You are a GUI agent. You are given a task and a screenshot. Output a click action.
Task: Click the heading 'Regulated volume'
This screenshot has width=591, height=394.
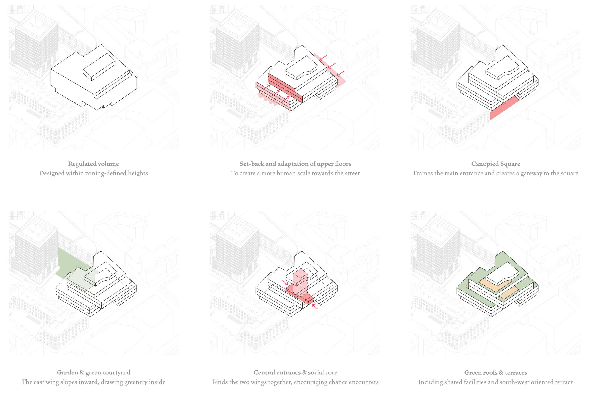93,164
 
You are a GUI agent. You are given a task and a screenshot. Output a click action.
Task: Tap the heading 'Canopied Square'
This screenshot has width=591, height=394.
496,164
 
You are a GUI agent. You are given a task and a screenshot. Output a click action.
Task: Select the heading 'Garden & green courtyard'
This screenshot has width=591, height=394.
93,372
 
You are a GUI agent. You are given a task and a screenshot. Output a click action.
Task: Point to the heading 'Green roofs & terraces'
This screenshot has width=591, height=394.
496,372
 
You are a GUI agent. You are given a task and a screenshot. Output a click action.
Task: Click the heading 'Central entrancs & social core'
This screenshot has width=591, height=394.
295,372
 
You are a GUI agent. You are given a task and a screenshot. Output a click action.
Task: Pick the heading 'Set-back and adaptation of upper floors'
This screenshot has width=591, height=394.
295,164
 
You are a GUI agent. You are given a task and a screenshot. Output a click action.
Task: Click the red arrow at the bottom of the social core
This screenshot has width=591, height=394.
315,306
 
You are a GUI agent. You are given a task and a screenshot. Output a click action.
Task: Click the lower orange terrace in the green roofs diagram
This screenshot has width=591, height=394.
508,292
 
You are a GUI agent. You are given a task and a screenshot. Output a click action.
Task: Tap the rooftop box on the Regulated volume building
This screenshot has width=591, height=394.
99,67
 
